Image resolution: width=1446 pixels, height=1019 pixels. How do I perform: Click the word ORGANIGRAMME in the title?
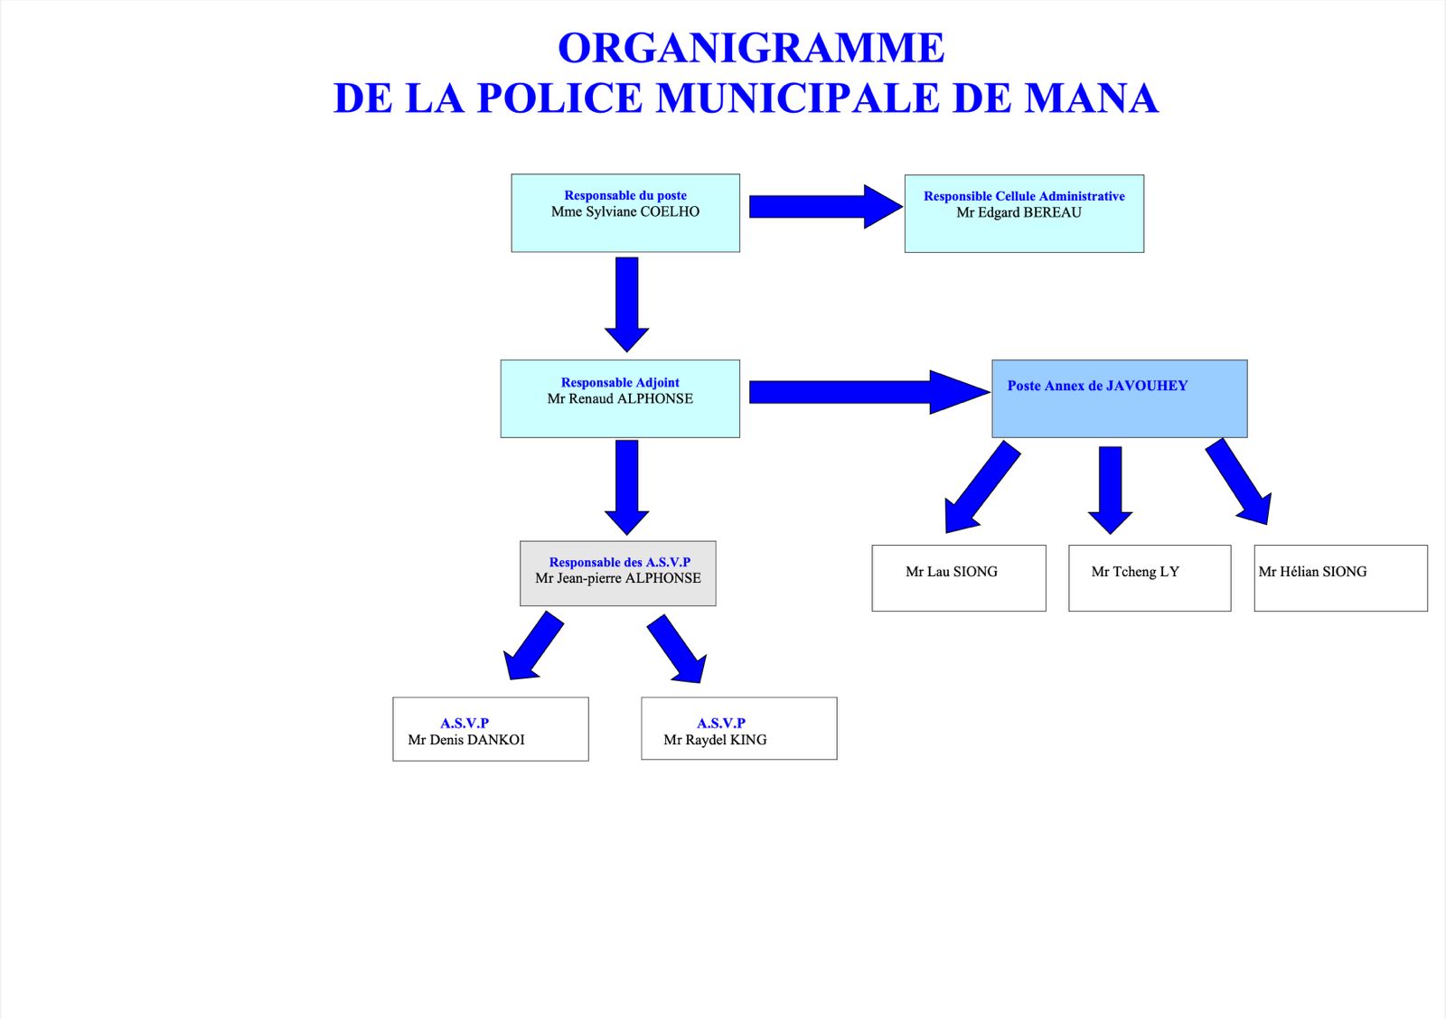coord(751,48)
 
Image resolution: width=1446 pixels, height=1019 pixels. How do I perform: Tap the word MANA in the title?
coord(1092,98)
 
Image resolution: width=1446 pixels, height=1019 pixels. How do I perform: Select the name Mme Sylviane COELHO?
coord(624,211)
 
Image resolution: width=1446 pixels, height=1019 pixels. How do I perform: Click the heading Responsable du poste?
coord(624,195)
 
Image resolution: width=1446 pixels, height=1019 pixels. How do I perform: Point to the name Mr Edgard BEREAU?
coord(1019,212)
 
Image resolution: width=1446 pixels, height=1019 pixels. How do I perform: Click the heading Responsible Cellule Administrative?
coord(1024,195)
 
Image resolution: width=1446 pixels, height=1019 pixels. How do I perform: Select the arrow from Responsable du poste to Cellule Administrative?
coord(826,207)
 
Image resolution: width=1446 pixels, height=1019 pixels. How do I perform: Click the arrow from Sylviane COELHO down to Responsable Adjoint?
coord(627,304)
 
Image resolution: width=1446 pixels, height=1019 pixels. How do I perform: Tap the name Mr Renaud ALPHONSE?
coord(620,398)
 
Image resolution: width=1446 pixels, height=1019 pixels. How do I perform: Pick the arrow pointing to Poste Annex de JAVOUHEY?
coord(869,392)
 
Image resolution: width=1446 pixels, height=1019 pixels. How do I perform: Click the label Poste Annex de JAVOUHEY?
coord(1097,385)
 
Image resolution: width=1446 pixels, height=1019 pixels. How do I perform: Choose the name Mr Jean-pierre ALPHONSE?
coord(618,578)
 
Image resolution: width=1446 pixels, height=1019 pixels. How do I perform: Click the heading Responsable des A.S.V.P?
coord(619,562)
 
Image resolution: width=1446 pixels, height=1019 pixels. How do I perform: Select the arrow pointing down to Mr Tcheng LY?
coord(1110,491)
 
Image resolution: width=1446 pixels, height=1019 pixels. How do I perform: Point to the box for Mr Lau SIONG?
coord(959,578)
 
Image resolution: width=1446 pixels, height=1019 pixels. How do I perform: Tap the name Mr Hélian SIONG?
coord(1312,572)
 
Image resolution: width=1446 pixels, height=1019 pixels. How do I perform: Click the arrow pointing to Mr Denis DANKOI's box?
coord(533,646)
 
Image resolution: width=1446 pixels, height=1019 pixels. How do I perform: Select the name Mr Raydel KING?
coord(715,740)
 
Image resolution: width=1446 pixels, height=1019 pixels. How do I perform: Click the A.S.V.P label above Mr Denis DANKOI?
coord(465,723)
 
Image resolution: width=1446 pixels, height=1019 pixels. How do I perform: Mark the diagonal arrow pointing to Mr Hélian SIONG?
coord(1239,481)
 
